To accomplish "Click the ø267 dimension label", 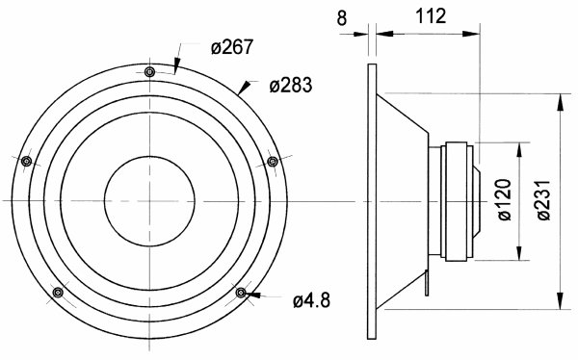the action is pos(232,47).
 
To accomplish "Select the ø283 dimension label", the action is pos(291,86).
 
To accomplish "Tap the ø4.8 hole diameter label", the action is pos(311,300).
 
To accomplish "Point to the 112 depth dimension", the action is pos(431,15).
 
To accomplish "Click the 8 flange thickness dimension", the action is pos(342,18).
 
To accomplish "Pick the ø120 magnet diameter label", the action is pos(505,199).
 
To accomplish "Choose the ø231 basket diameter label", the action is pos(543,200).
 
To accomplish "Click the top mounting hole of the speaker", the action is pos(149,72).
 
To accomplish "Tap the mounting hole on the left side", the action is pos(27,161).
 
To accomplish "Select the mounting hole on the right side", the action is pos(273,161).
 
